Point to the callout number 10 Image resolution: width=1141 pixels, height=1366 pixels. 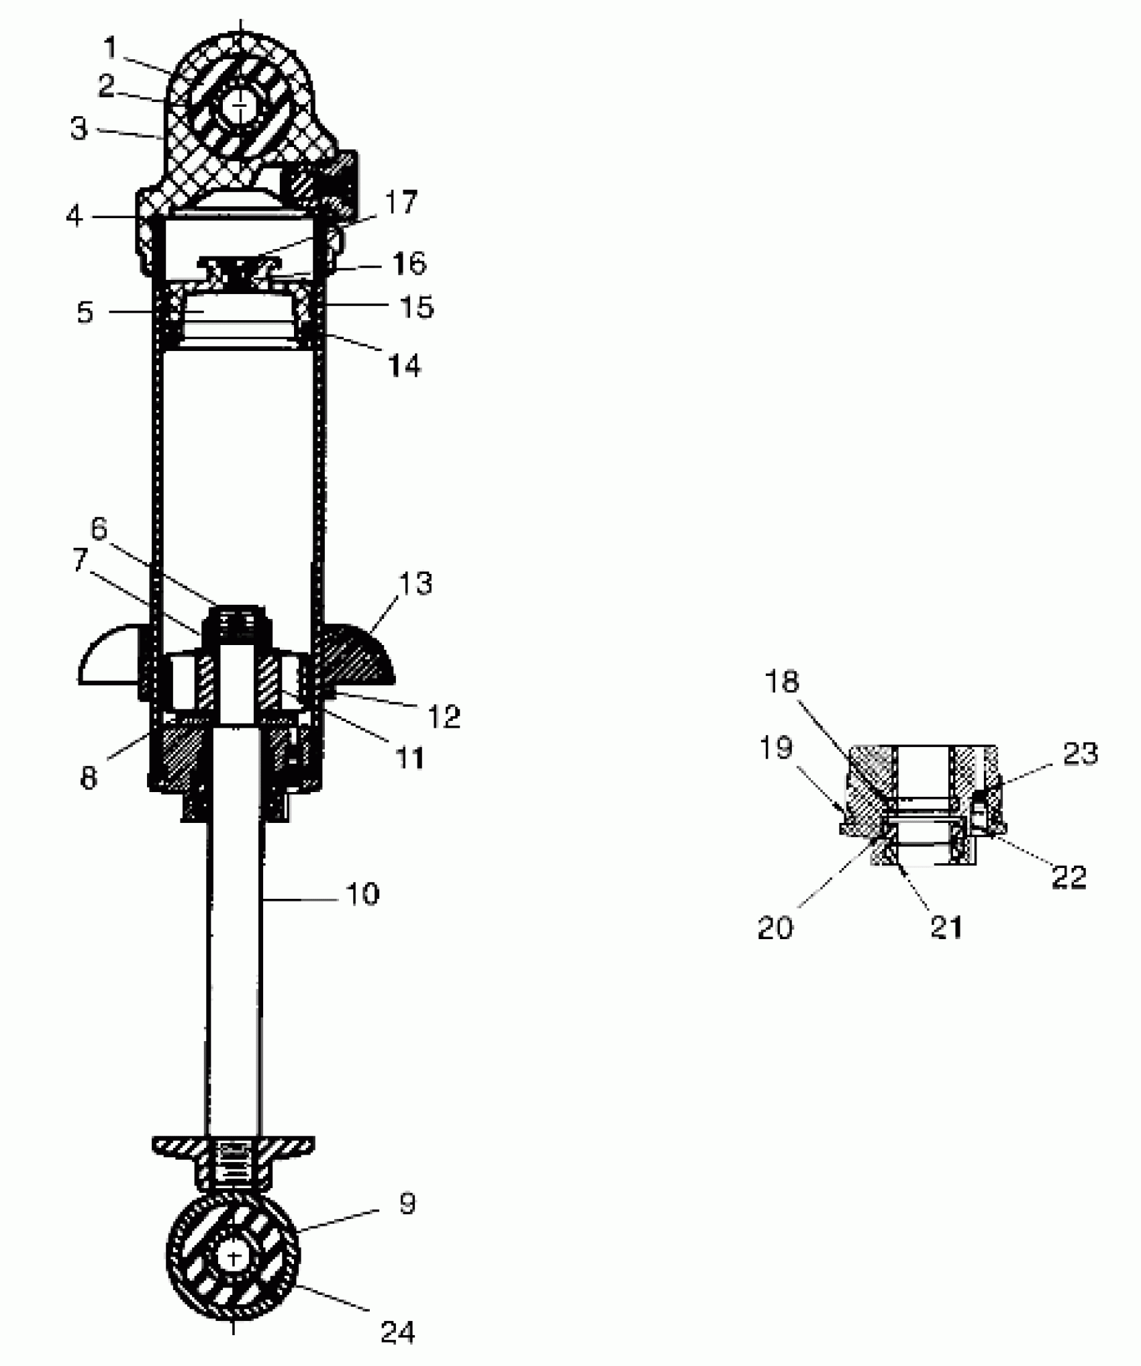(362, 894)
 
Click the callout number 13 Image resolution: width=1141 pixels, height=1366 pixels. (415, 583)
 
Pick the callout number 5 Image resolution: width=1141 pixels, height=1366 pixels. (85, 313)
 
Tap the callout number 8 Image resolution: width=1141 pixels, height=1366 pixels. (88, 778)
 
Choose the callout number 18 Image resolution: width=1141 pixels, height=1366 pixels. (782, 682)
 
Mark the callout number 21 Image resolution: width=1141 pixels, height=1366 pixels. (946, 927)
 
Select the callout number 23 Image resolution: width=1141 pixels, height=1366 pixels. (1080, 754)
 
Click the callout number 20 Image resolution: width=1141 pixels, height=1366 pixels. (775, 928)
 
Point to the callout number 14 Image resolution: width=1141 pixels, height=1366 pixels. (405, 367)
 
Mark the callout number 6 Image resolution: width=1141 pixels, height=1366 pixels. (99, 529)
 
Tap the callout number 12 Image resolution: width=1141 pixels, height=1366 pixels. (444, 716)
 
